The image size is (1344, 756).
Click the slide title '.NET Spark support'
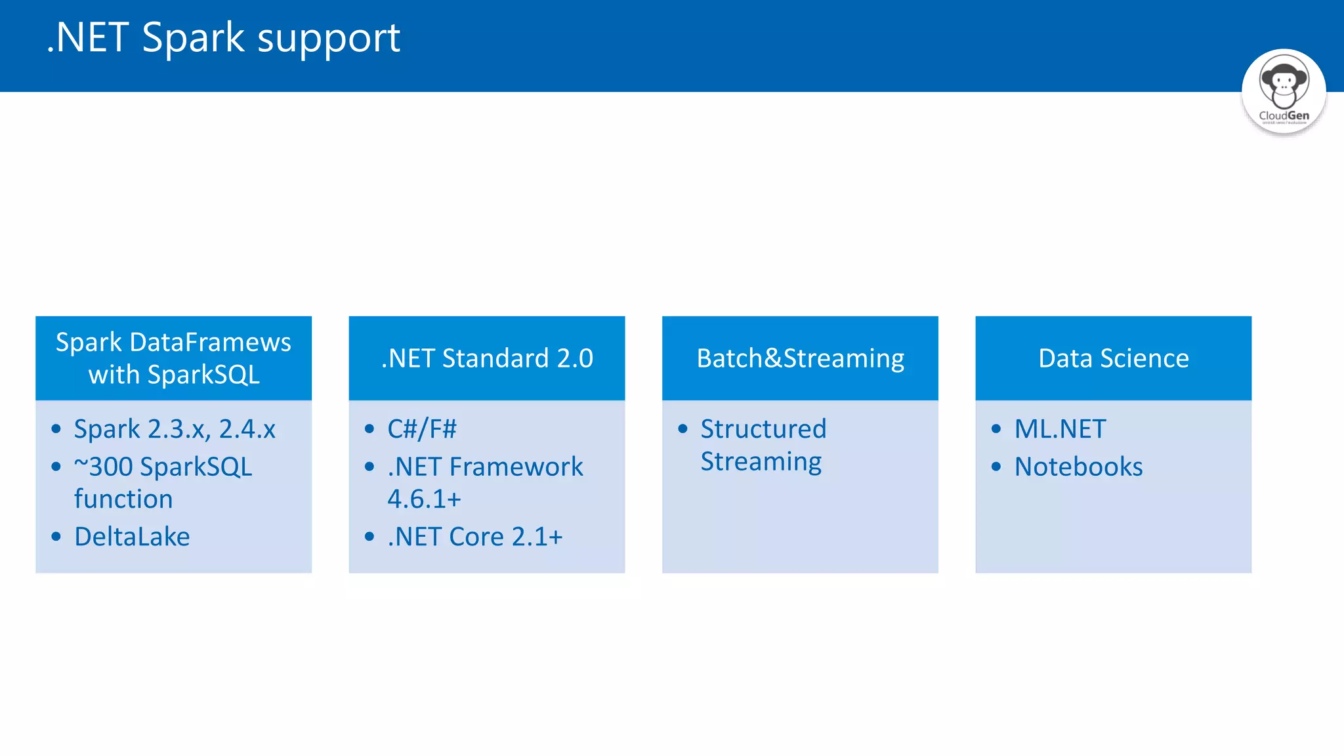pos(223,37)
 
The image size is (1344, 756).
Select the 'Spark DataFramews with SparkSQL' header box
pos(173,358)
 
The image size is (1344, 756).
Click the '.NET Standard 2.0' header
pos(487,358)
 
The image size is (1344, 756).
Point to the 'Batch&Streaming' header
pos(800,358)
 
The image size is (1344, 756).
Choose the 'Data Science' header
pos(1113,358)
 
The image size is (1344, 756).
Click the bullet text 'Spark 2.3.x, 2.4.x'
pos(175,429)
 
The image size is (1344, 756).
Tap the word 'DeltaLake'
pos(132,537)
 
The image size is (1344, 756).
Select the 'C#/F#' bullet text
pos(422,429)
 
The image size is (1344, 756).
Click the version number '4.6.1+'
pos(424,499)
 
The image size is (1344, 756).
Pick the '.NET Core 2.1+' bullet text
pos(475,537)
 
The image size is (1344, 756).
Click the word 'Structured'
pos(763,429)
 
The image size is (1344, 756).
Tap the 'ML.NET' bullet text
pos(1060,429)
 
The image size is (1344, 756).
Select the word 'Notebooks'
pos(1078,467)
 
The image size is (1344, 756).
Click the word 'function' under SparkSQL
pos(123,499)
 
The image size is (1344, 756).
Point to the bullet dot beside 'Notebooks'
pos(996,467)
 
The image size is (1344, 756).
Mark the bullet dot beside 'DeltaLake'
pos(56,537)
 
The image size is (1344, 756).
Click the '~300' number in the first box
pos(104,467)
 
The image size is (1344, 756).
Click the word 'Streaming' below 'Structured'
pos(761,462)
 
